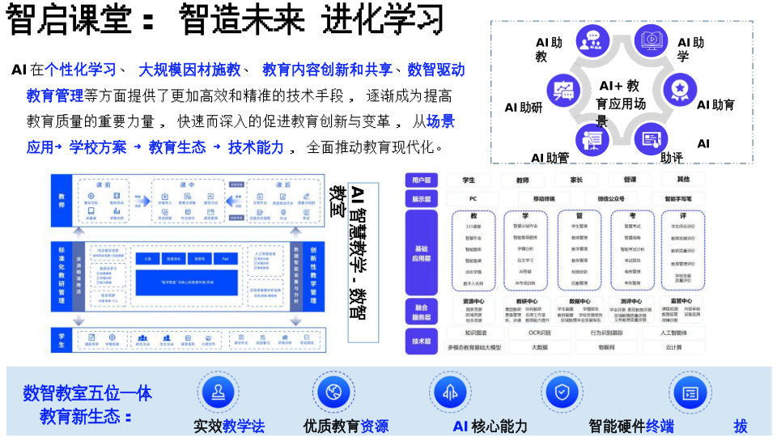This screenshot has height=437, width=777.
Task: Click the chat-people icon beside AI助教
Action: [x=593, y=40]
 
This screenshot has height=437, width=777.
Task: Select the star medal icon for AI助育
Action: [x=680, y=89]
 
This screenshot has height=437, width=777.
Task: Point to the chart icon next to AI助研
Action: [x=564, y=89]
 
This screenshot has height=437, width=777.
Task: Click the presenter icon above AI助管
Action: [x=593, y=139]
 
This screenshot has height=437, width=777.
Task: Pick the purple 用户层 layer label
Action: [x=421, y=180]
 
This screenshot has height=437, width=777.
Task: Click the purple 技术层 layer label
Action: [x=421, y=341]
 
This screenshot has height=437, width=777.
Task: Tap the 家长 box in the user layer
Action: [x=576, y=180]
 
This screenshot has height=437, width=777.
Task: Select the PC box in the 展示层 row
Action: [x=473, y=198]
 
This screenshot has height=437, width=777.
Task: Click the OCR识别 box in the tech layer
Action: [x=540, y=333]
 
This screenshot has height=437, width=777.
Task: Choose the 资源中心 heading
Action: [x=473, y=301]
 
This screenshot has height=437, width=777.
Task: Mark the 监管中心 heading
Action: [x=683, y=301]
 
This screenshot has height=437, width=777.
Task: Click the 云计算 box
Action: [x=673, y=347]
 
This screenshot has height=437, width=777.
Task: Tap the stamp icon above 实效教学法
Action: [x=219, y=392]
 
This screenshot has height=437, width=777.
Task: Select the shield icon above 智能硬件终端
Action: [x=562, y=392]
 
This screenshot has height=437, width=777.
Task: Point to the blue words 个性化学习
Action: [x=80, y=70]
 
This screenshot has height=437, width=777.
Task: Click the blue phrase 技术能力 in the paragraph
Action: [x=256, y=147]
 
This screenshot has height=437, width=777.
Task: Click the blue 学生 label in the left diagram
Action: [x=62, y=340]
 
